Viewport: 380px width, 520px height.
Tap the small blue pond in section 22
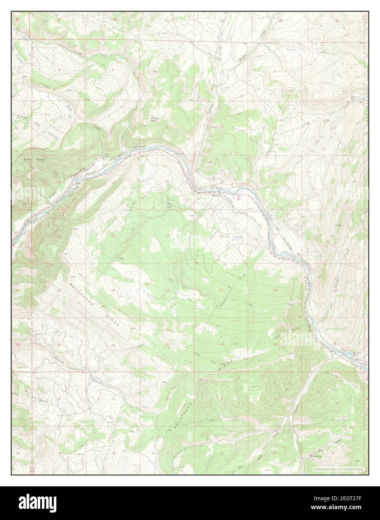(235, 237)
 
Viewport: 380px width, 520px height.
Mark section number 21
(168, 236)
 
